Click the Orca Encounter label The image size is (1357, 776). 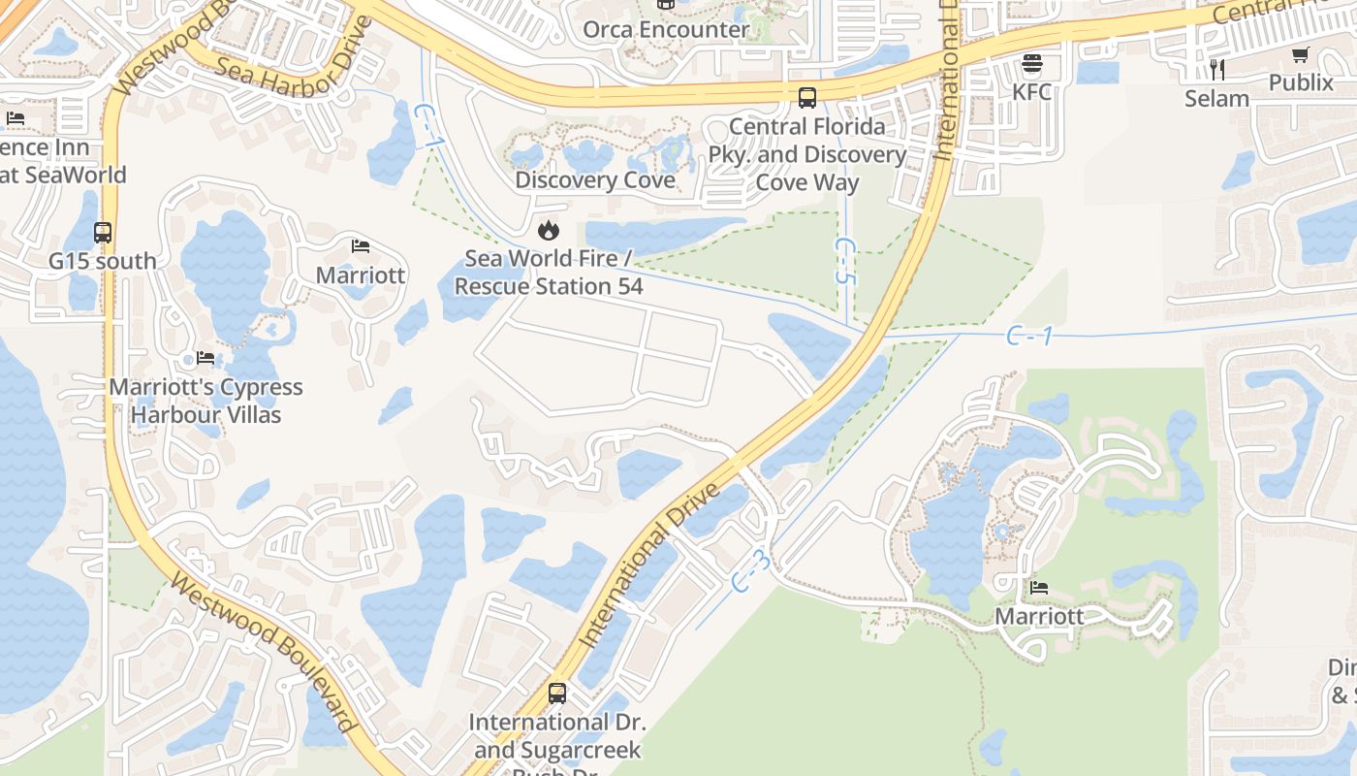pyautogui.click(x=665, y=29)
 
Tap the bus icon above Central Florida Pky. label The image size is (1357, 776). pyautogui.click(x=806, y=97)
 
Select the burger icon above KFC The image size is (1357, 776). pyautogui.click(x=1031, y=64)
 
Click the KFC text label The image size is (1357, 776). pyautogui.click(x=1031, y=92)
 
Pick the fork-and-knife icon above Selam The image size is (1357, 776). pyautogui.click(x=1217, y=69)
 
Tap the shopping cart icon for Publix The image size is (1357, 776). pyautogui.click(x=1301, y=55)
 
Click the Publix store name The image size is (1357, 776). pyautogui.click(x=1301, y=82)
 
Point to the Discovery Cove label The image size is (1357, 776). pyautogui.click(x=595, y=179)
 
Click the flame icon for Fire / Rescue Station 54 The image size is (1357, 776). pyautogui.click(x=548, y=230)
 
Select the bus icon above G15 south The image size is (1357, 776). pyautogui.click(x=102, y=233)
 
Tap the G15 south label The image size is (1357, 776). pyautogui.click(x=102, y=261)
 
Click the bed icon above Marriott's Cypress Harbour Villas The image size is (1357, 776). pyautogui.click(x=205, y=358)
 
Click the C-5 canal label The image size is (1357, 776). pyautogui.click(x=845, y=261)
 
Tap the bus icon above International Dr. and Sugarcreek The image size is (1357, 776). pyautogui.click(x=556, y=694)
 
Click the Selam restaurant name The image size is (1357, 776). pyautogui.click(x=1216, y=98)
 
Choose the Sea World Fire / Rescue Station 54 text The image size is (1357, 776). pyautogui.click(x=549, y=273)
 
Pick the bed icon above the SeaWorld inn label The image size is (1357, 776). pyautogui.click(x=16, y=118)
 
